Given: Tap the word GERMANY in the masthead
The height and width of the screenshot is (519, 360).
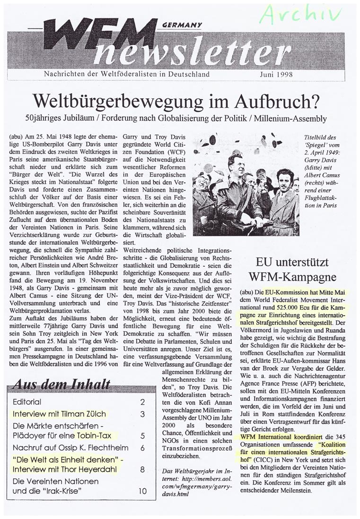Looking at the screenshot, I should (182, 25).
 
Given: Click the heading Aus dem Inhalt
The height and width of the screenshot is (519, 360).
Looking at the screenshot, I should (63, 384).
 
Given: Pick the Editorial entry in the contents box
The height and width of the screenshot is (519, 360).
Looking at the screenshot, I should (28, 402).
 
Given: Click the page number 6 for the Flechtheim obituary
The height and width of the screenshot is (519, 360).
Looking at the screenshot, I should (142, 447).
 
